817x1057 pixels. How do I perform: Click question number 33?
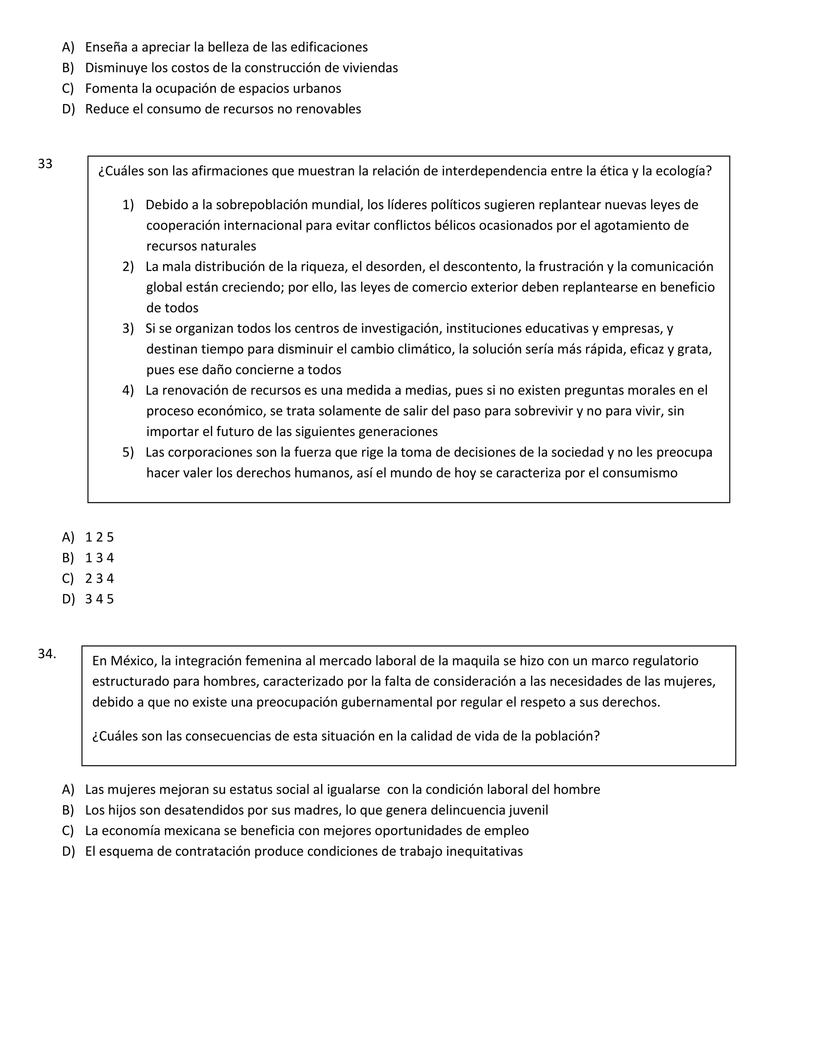point(45,164)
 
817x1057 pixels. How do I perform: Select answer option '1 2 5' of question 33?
point(99,537)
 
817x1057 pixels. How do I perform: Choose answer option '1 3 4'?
point(99,558)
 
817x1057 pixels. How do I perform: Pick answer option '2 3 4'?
point(99,578)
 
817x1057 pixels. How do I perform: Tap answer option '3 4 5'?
point(99,599)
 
